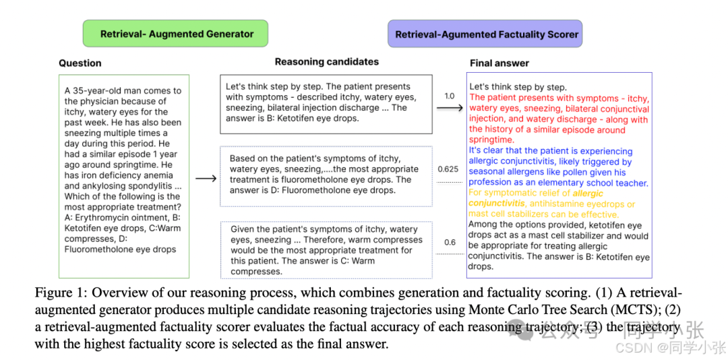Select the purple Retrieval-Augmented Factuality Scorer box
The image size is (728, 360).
pyautogui.click(x=486, y=34)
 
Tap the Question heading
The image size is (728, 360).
pyautogui.click(x=80, y=63)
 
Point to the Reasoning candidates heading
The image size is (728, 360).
pyautogui.click(x=326, y=62)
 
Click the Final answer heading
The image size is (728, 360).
pyautogui.click(x=499, y=63)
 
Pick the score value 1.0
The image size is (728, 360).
pyautogui.click(x=449, y=96)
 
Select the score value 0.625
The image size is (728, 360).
pyautogui.click(x=448, y=169)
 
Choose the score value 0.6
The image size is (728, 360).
pyautogui.click(x=449, y=243)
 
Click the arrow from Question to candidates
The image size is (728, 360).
pyautogui.click(x=205, y=179)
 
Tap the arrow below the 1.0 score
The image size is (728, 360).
pyautogui.click(x=448, y=108)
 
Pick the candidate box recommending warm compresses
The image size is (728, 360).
pyautogui.click(x=326, y=250)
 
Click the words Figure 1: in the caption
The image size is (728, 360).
pyautogui.click(x=61, y=293)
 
